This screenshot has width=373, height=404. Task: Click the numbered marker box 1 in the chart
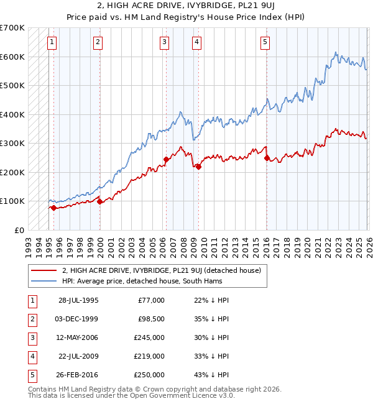click(x=51, y=42)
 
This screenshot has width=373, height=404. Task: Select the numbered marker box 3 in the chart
click(x=164, y=42)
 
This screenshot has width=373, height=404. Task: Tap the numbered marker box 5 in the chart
click(x=265, y=42)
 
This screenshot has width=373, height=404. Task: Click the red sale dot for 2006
click(x=166, y=159)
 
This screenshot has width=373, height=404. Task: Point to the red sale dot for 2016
click(x=267, y=158)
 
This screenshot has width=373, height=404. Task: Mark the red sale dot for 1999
click(x=99, y=201)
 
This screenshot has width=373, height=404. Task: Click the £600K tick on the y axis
click(x=12, y=57)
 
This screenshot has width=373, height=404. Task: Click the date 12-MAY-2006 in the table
click(x=78, y=337)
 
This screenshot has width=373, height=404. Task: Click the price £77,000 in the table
click(x=150, y=300)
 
